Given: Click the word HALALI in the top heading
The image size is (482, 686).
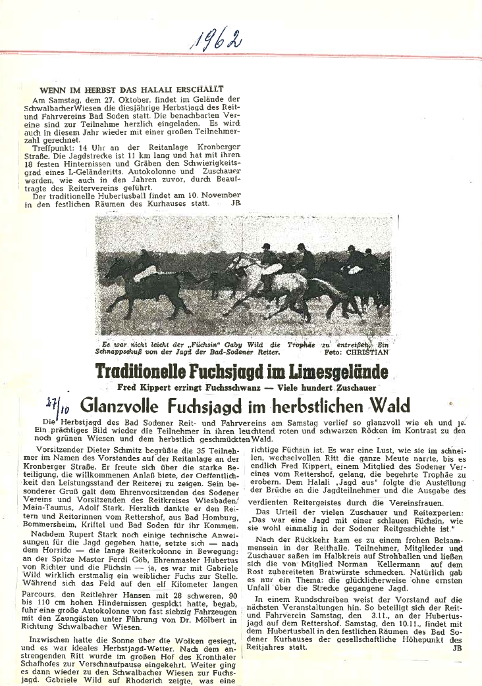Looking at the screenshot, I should coord(149,89).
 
